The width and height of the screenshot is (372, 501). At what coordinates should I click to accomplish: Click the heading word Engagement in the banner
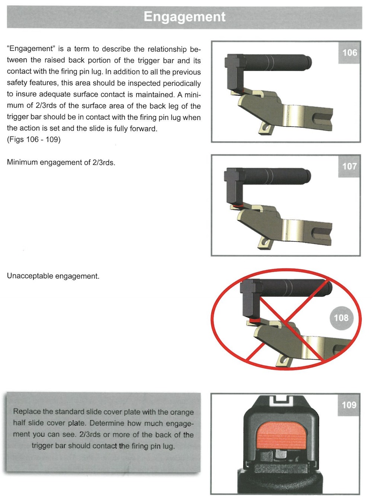[x=185, y=17]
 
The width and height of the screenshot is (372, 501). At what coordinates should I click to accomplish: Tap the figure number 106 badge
[x=349, y=53]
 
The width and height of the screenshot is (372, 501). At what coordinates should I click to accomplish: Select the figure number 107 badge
[x=349, y=166]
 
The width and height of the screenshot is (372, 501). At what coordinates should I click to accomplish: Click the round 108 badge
[x=341, y=318]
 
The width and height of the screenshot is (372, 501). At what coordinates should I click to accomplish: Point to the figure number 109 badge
[x=349, y=405]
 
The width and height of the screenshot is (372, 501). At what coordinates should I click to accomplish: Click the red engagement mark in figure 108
[x=254, y=320]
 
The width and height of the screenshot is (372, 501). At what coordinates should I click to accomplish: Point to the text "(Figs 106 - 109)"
[x=33, y=139]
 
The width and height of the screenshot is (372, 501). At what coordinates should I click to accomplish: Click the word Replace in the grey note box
[x=27, y=411]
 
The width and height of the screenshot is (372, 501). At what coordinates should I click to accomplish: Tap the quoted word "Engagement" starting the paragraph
[x=31, y=49]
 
